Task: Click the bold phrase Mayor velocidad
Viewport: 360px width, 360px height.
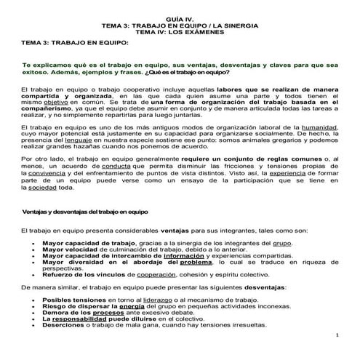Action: tap(71, 249)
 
